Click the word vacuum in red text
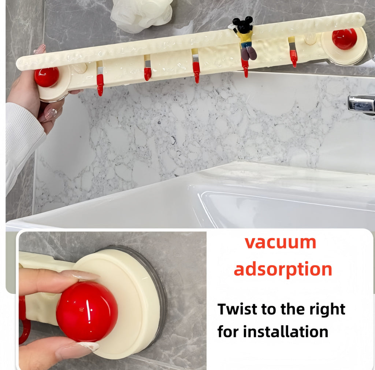280,243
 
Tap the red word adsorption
283,270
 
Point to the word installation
286,331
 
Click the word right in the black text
326,309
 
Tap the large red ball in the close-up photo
87,312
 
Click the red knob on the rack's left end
47,77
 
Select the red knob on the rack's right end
344,39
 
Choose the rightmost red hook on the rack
293,58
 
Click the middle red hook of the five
197,72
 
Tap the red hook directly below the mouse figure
245,69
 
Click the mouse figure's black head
243,25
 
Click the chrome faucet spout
361,104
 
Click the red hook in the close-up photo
23,319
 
